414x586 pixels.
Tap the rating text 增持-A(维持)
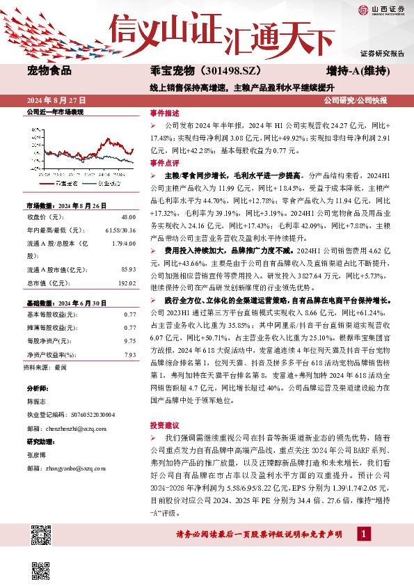pos(357,71)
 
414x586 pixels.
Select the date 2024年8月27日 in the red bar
pos(55,102)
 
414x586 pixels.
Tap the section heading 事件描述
pos(165,113)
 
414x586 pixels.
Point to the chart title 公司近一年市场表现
pos(54,111)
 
